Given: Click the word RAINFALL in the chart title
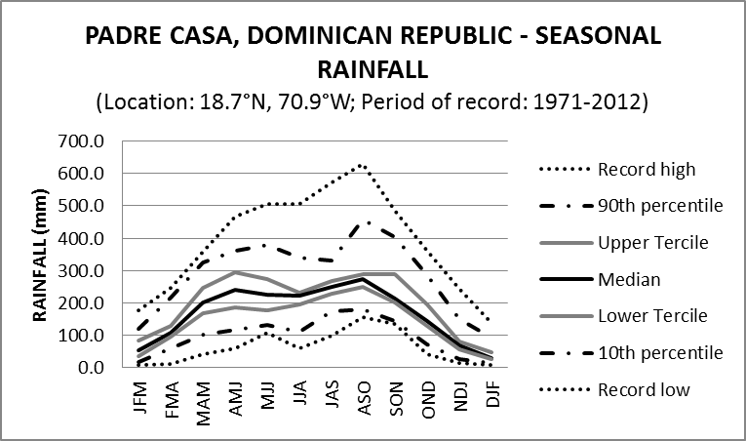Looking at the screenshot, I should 373,69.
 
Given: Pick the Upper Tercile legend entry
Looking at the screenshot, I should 653,243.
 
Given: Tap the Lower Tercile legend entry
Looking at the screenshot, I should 653,316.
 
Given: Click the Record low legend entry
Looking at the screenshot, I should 645,389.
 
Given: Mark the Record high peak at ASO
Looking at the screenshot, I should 363,165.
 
